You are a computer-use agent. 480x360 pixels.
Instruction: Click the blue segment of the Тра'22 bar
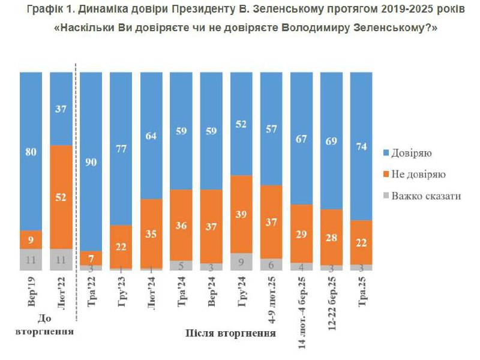coord(91,161)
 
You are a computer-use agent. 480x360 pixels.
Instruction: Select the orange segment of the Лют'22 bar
coord(61,196)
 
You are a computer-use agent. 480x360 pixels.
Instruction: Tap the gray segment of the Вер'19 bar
coord(31,259)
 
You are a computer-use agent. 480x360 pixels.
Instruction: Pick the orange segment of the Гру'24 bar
coord(241,214)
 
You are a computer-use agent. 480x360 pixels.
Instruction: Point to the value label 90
coord(91,161)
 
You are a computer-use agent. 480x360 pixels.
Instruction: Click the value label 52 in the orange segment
coord(61,197)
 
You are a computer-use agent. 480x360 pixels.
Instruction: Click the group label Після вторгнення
coord(226,333)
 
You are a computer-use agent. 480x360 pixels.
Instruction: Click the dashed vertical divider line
coord(76,180)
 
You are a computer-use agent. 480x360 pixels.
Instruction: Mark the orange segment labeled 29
coord(301,233)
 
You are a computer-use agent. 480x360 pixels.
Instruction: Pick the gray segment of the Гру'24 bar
coord(241,262)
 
